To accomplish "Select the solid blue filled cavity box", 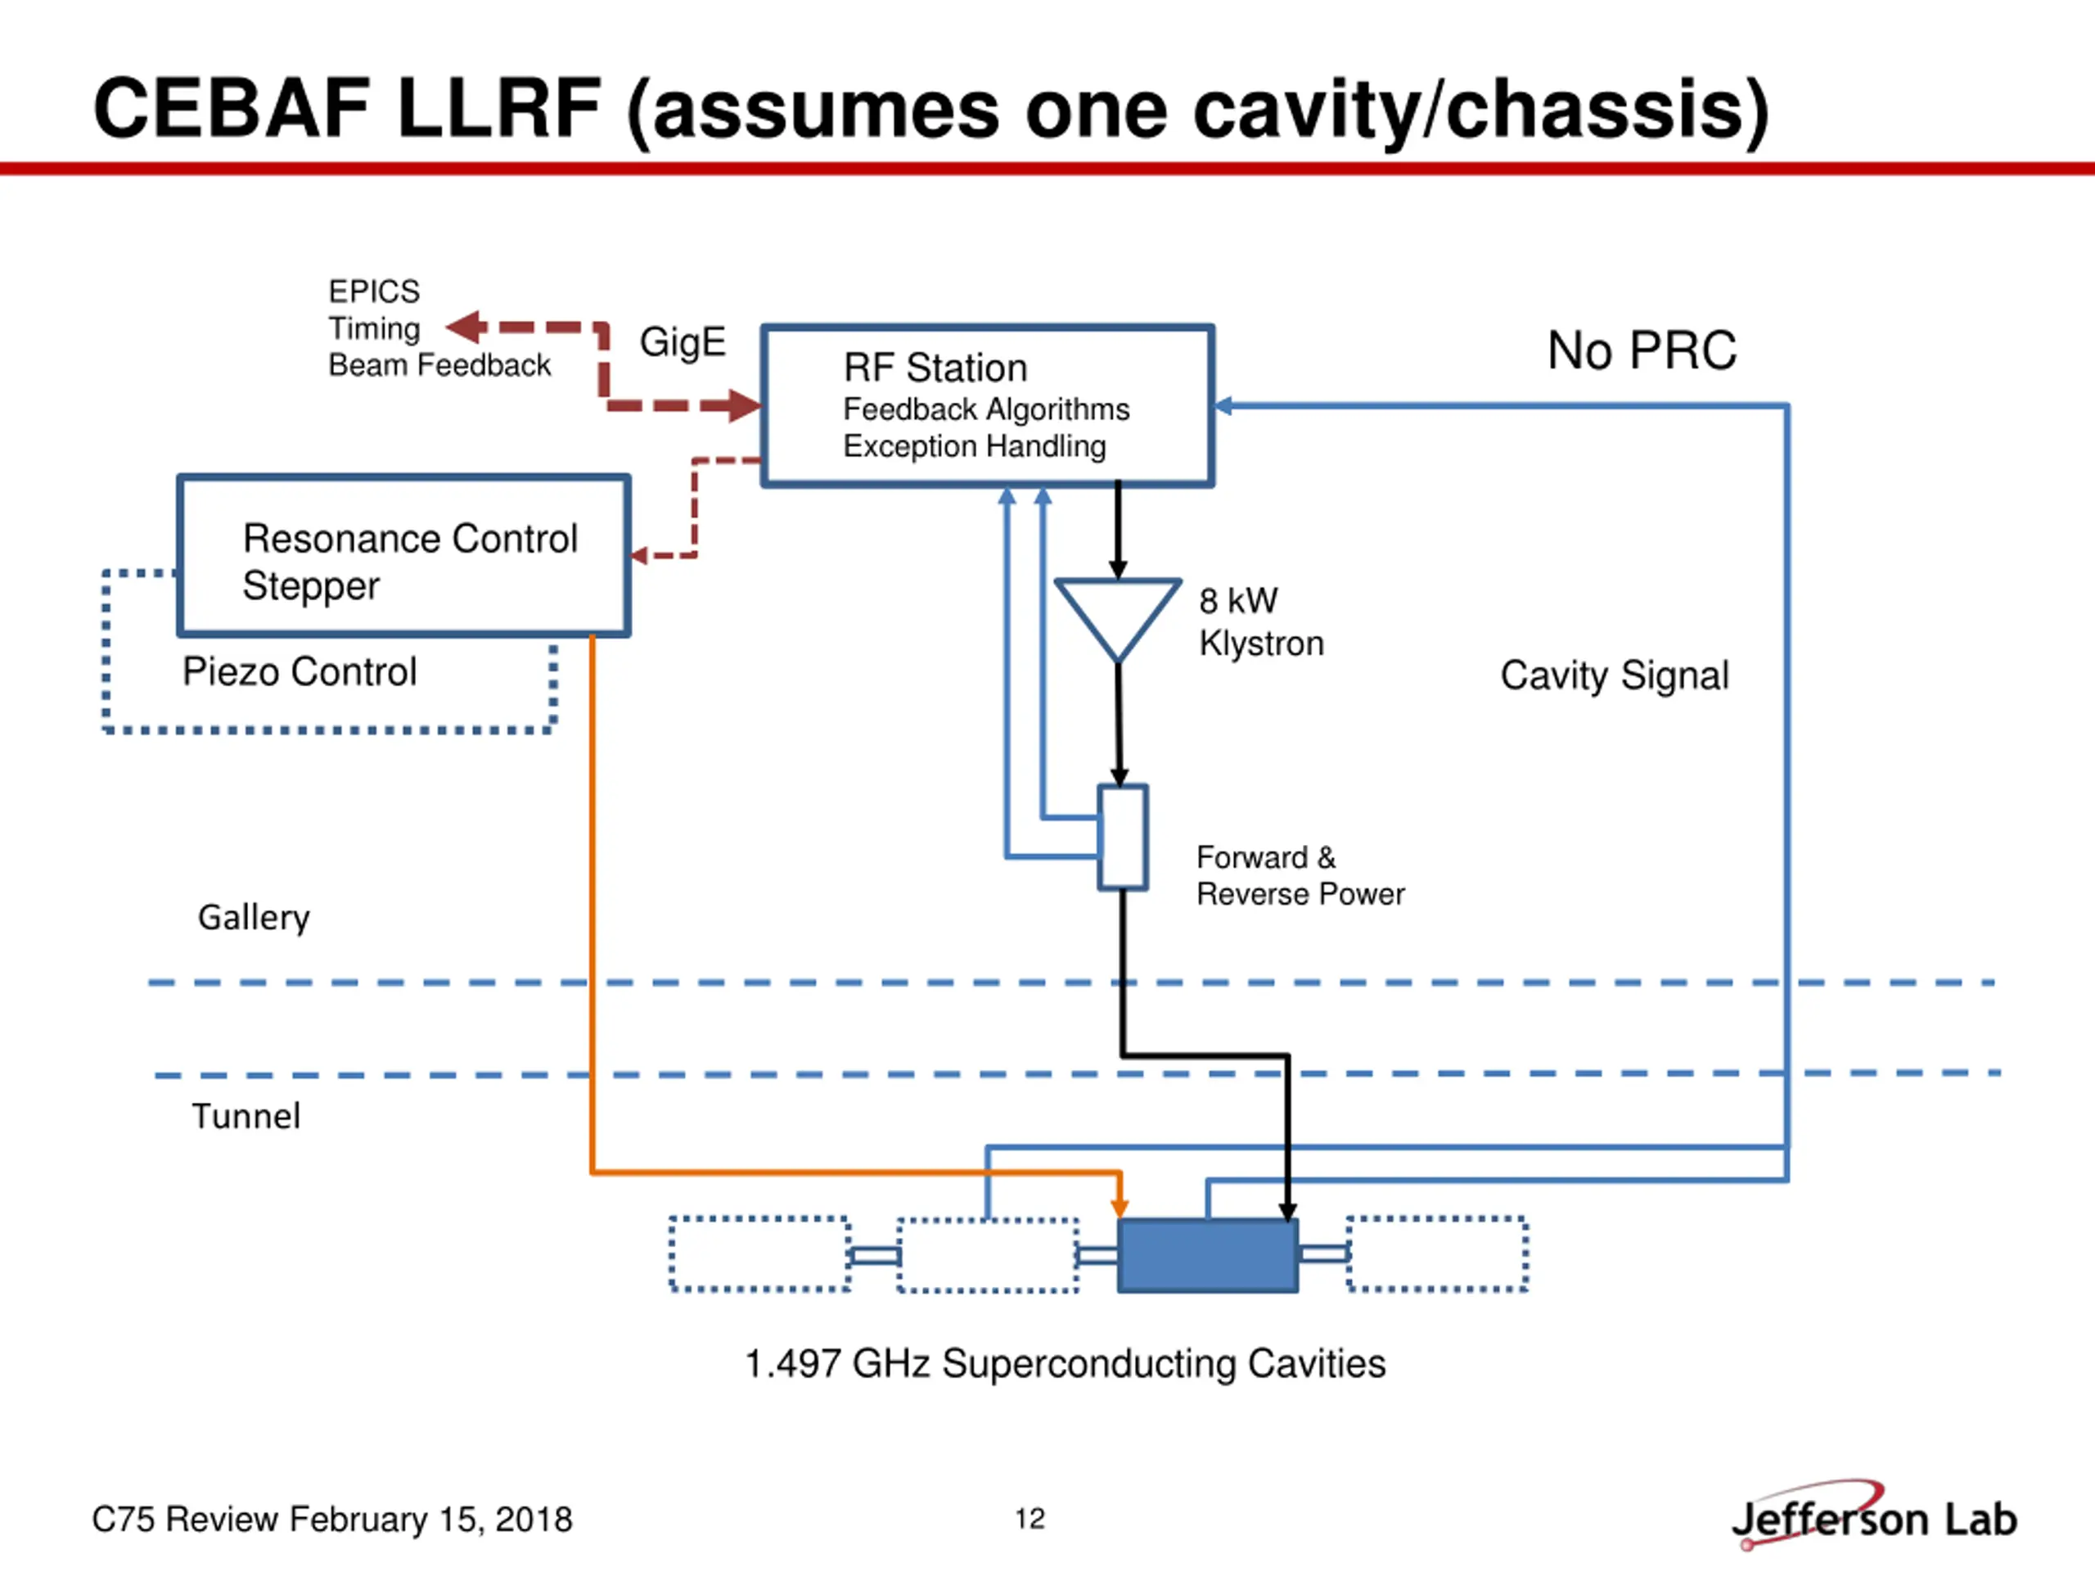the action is coord(1208,1255).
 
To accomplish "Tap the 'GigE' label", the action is coord(683,342).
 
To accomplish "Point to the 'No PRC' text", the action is coord(1642,350).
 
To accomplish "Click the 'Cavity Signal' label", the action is coord(1614,675).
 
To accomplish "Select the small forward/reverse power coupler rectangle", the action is coord(1122,838).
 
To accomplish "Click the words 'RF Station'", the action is coord(935,368).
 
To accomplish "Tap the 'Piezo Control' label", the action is coord(300,672).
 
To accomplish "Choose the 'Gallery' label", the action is coord(254,917).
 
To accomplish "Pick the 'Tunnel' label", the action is coord(246,1115).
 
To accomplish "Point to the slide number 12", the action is coord(1029,1519).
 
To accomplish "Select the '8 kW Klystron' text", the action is coord(1260,621).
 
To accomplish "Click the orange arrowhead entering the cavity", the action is coord(1120,1205).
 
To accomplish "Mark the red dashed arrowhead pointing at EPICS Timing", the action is coord(465,327).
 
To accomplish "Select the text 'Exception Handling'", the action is coord(975,446).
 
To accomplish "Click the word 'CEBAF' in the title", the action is coord(231,108).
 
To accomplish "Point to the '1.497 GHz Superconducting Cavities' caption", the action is coord(1065,1363).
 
